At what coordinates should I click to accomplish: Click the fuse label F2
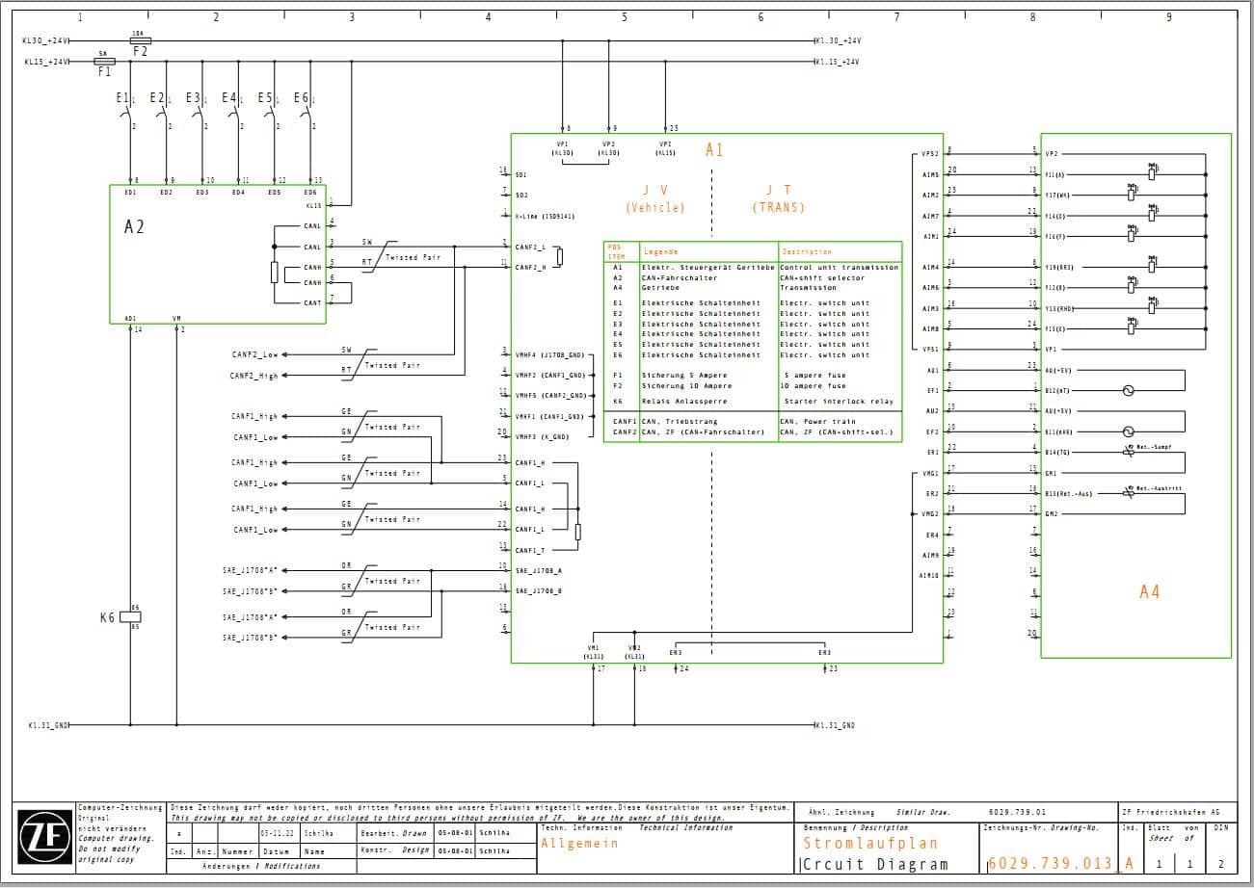pos(140,51)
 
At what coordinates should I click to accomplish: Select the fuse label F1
pos(105,71)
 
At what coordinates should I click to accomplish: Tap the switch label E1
pos(122,98)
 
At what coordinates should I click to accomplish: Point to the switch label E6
pos(302,98)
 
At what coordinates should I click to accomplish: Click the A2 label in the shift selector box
pos(134,227)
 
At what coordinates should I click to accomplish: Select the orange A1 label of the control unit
pos(714,150)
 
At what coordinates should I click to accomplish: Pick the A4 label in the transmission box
pos(1149,591)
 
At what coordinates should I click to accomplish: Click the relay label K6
pos(108,616)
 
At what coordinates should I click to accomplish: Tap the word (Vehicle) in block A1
pos(654,207)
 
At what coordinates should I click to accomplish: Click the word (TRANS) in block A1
pos(778,207)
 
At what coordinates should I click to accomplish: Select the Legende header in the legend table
pos(661,251)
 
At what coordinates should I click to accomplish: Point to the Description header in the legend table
pos(807,251)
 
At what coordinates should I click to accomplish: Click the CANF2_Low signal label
pos(254,354)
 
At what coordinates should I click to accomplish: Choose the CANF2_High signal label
pos(253,376)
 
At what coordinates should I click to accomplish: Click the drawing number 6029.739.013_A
pos(1060,863)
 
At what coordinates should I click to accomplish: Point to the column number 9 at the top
pos(1168,17)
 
